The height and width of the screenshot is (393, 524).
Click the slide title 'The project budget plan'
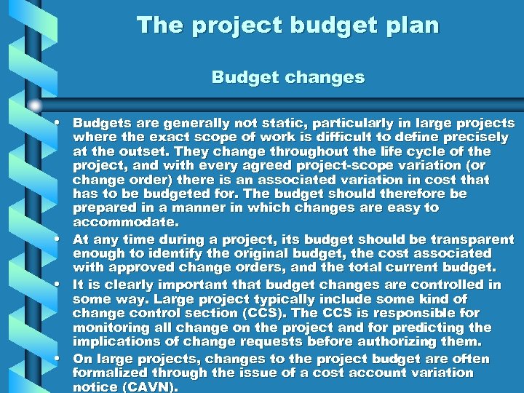click(x=288, y=26)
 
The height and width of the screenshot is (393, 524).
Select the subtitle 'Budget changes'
click(x=288, y=76)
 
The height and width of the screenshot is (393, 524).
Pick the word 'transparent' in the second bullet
click(x=476, y=239)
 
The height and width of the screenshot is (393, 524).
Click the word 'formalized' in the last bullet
click(x=109, y=373)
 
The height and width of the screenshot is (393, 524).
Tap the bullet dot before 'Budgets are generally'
click(x=56, y=123)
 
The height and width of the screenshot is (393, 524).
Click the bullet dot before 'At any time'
click(x=56, y=239)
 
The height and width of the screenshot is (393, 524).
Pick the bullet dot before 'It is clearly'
click(x=56, y=285)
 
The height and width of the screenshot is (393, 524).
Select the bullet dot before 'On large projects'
click(x=56, y=359)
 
